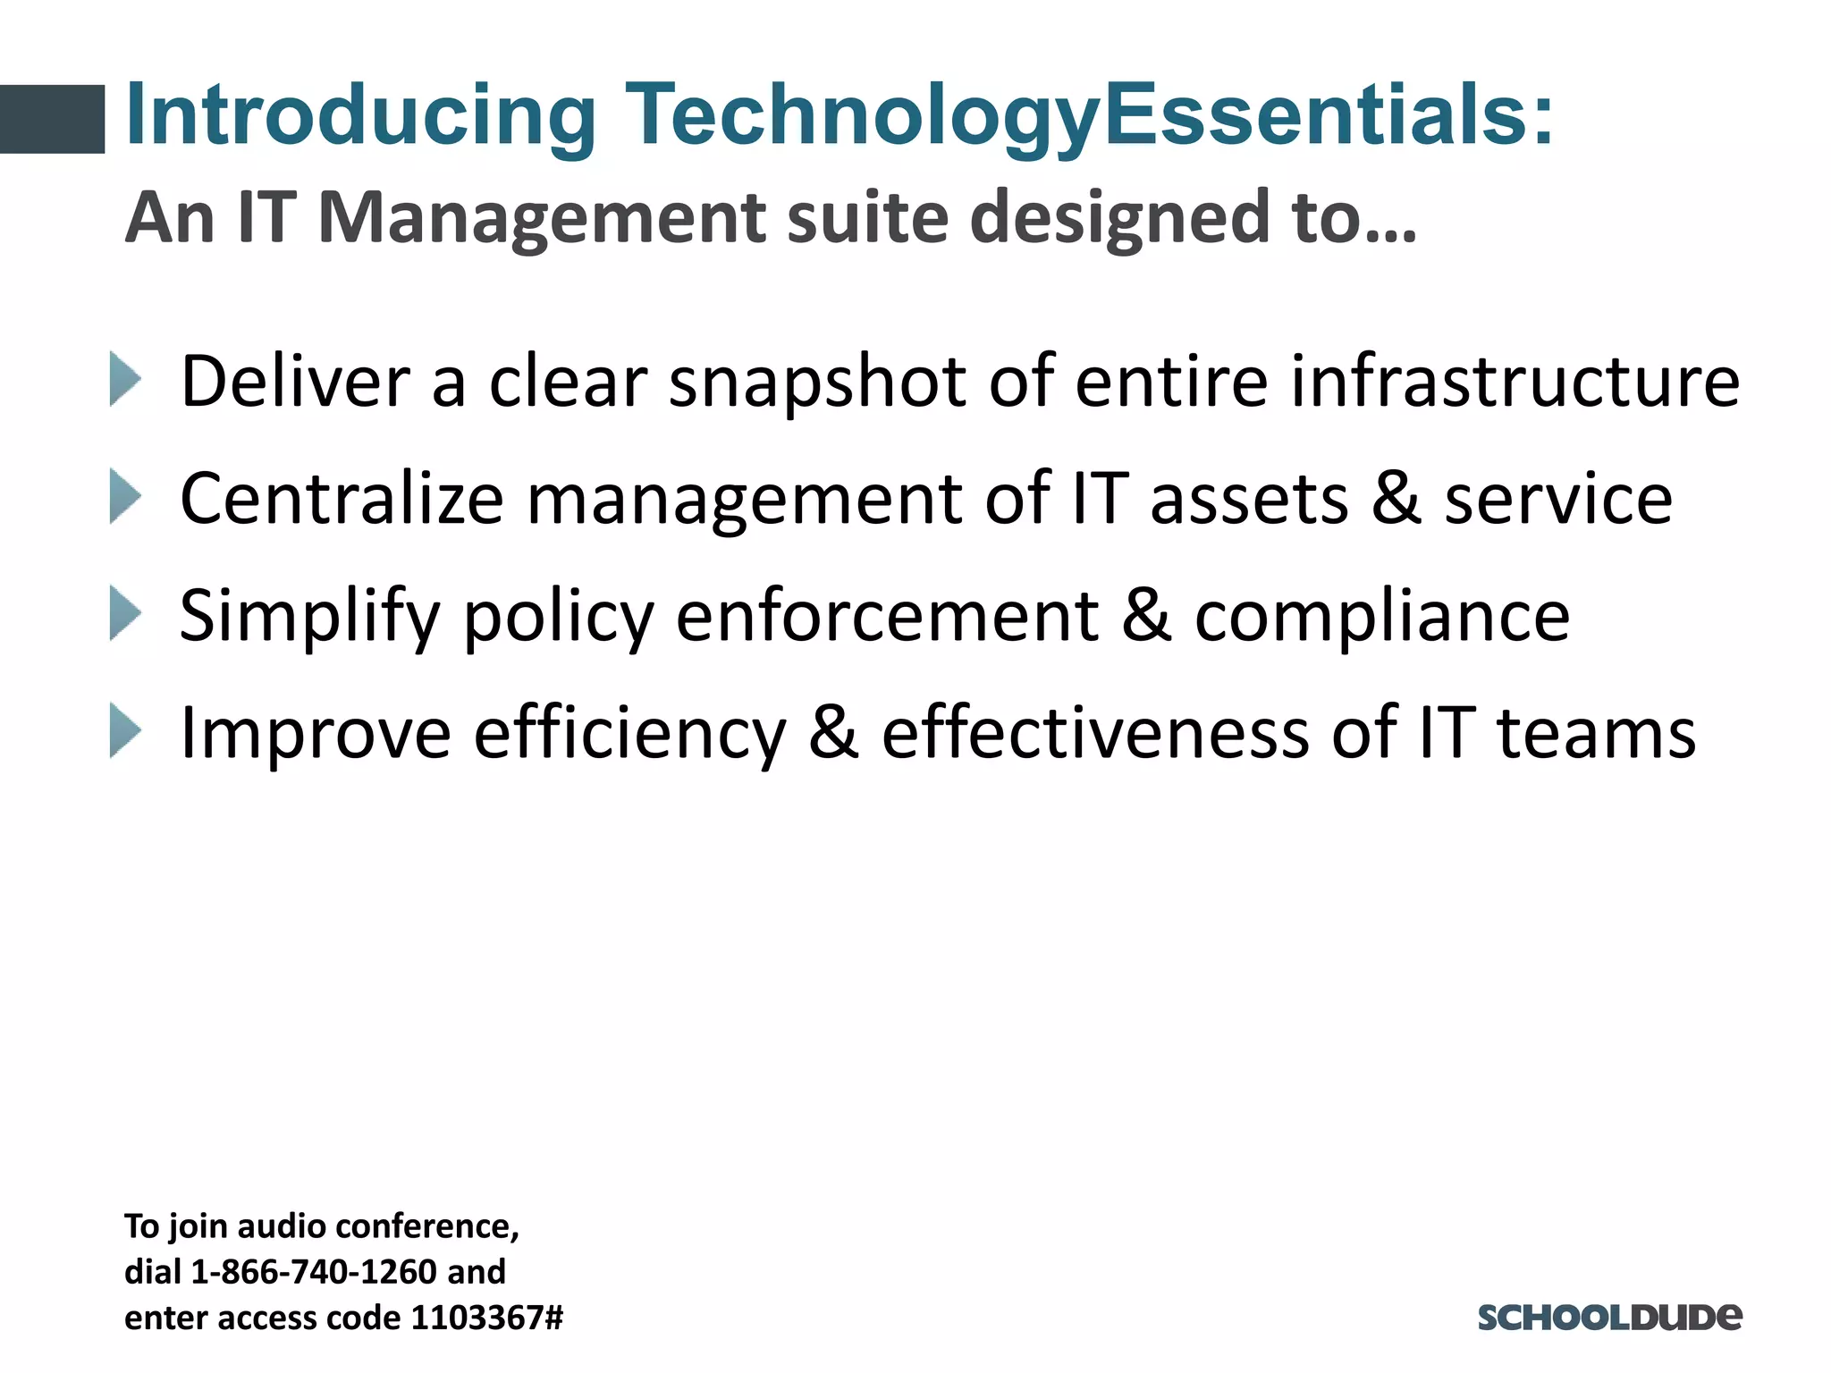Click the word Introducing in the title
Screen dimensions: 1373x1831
(360, 116)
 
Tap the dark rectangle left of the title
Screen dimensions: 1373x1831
(52, 119)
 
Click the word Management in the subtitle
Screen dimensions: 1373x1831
(542, 218)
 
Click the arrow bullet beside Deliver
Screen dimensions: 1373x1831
(125, 379)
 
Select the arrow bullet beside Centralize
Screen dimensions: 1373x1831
(125, 497)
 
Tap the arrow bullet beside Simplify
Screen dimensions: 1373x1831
(125, 614)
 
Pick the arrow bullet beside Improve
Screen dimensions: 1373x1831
(125, 731)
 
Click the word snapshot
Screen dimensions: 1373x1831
(817, 383)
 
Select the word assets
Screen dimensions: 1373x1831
(1249, 499)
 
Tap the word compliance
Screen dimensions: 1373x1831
(1382, 617)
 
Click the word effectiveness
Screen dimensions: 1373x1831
(1094, 733)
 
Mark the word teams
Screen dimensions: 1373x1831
(1596, 733)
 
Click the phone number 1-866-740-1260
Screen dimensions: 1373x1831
(314, 1271)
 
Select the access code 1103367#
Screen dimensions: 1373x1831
(486, 1318)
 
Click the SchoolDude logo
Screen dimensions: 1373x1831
(1609, 1317)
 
